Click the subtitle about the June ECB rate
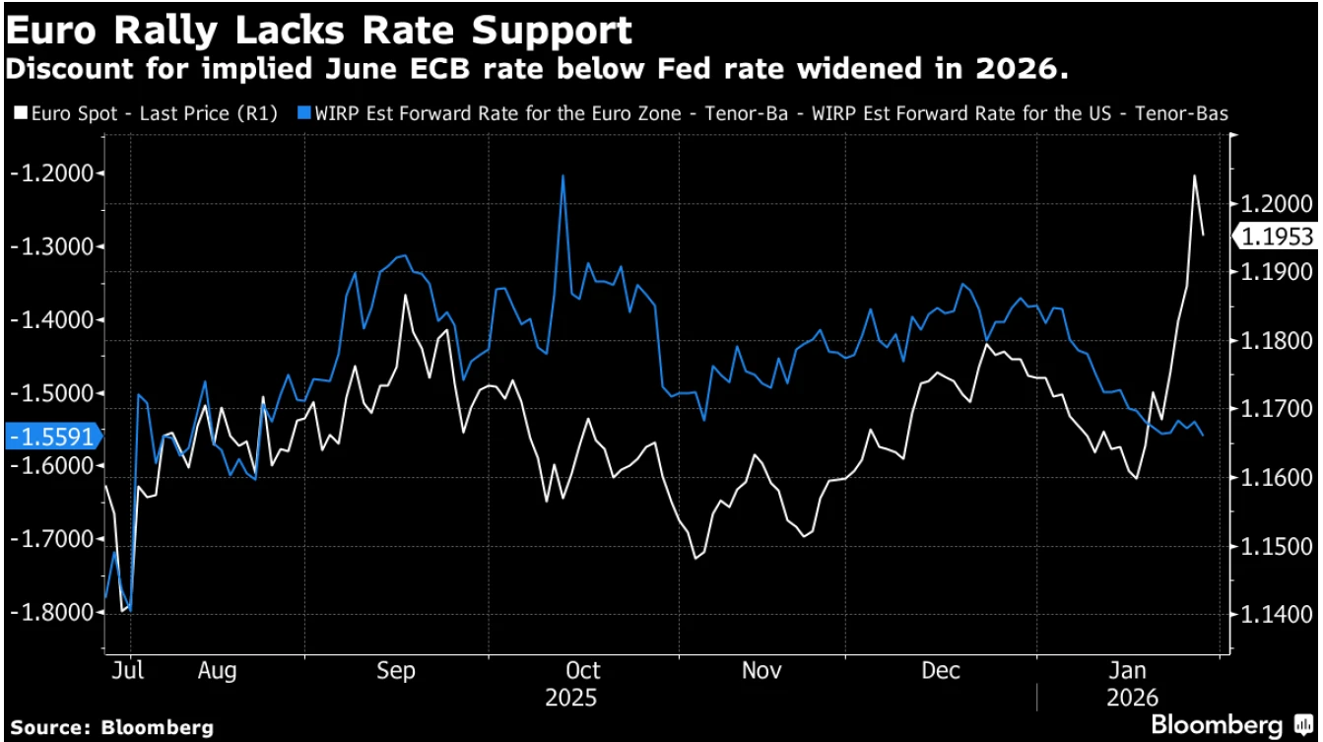click(538, 71)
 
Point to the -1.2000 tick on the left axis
click(56, 173)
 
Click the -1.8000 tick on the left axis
click(56, 612)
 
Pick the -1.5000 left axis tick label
click(56, 393)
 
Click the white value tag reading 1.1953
click(1278, 236)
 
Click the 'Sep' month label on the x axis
click(396, 671)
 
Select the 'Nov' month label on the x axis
click(761, 671)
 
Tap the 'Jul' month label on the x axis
click(128, 671)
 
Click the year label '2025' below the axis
click(570, 699)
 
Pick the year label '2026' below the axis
click(1127, 699)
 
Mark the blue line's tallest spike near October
click(562, 176)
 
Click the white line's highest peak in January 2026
click(1194, 176)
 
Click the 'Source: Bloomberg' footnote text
click(111, 727)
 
